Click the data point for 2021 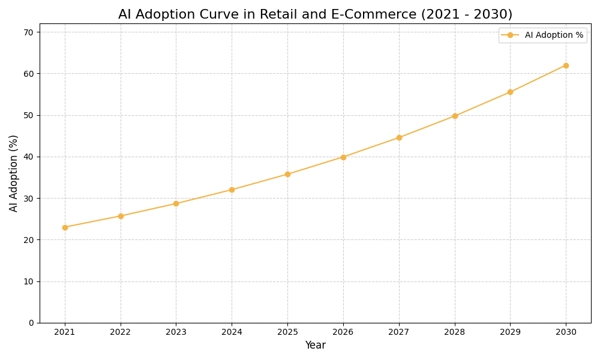point(65,227)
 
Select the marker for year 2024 point(232,190)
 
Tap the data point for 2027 point(399,137)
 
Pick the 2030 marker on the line point(566,65)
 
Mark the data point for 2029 point(510,92)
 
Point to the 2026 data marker point(343,157)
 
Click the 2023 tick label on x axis point(176,332)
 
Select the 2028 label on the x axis point(455,332)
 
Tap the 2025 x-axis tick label point(287,332)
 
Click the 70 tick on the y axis point(29,32)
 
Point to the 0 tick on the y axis point(31,323)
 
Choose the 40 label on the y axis point(29,157)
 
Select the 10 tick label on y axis point(29,281)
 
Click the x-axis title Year point(315,346)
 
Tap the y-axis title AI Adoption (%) point(14,173)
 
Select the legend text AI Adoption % point(554,35)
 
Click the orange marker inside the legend point(510,35)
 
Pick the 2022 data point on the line point(121,216)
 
